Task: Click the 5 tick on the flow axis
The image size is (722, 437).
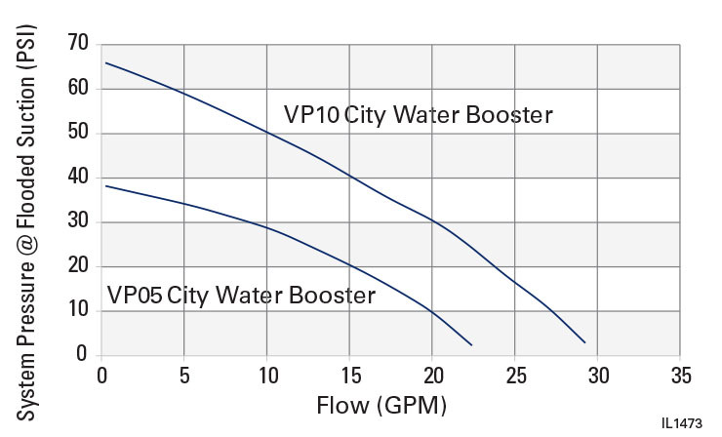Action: click(184, 375)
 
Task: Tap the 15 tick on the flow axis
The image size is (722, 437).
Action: click(349, 375)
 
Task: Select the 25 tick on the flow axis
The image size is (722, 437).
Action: click(514, 375)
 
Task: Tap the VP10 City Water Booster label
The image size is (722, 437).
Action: click(419, 115)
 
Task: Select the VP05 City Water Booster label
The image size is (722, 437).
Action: click(241, 296)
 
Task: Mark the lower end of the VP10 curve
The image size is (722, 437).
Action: click(583, 342)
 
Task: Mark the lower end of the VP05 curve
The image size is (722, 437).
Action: click(471, 344)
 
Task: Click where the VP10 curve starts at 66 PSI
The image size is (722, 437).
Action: click(105, 62)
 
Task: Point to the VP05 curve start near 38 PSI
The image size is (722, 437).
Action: click(105, 185)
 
